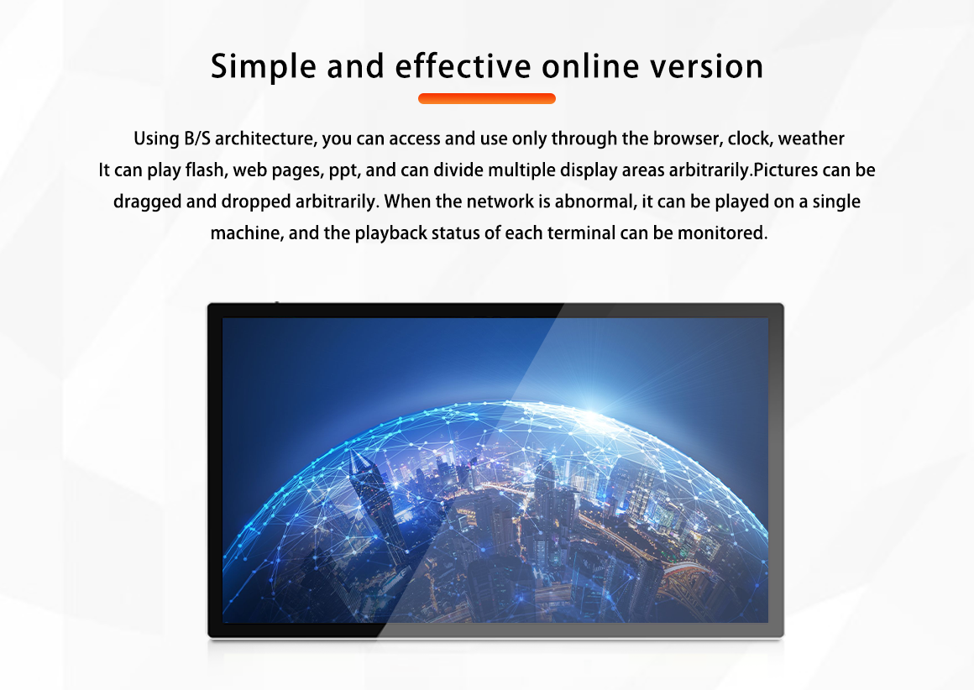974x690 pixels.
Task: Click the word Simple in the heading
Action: [x=264, y=67]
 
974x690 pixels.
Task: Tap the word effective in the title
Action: [x=463, y=65]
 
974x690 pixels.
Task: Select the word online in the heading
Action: [x=590, y=65]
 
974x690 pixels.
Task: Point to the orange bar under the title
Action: [x=487, y=98]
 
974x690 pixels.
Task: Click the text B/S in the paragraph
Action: [x=197, y=139]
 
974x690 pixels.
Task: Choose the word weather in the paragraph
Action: [x=811, y=139]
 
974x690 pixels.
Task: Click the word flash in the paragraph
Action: [x=204, y=170]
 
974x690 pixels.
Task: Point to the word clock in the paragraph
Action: [x=751, y=139]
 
